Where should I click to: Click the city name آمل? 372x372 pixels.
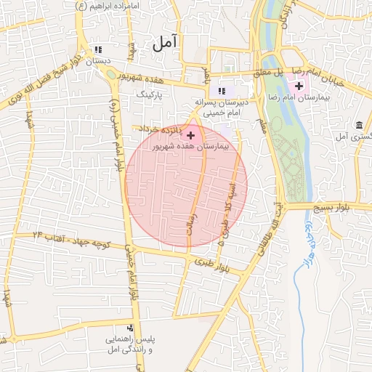pos(165,44)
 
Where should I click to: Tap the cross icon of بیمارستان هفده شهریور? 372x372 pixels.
pos(191,135)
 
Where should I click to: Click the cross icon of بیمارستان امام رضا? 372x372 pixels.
pos(299,86)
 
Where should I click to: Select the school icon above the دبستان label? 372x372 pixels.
pos(98,50)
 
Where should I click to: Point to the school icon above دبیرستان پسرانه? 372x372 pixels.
pos(221,91)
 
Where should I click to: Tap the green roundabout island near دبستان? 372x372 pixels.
pos(109,73)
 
